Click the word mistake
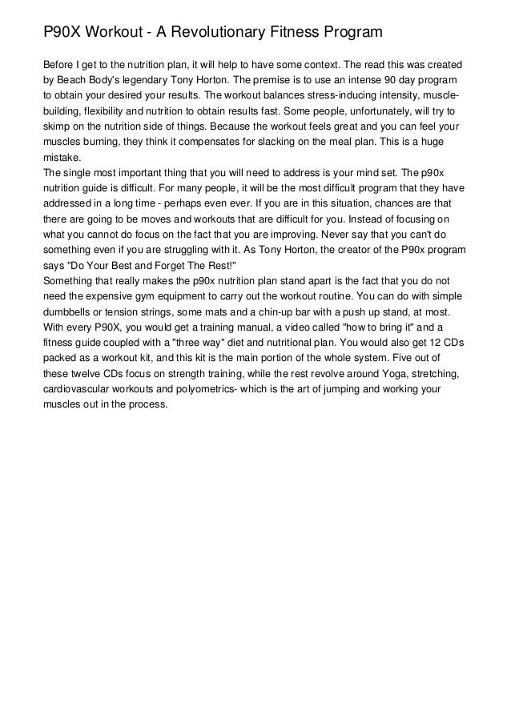(62, 158)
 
